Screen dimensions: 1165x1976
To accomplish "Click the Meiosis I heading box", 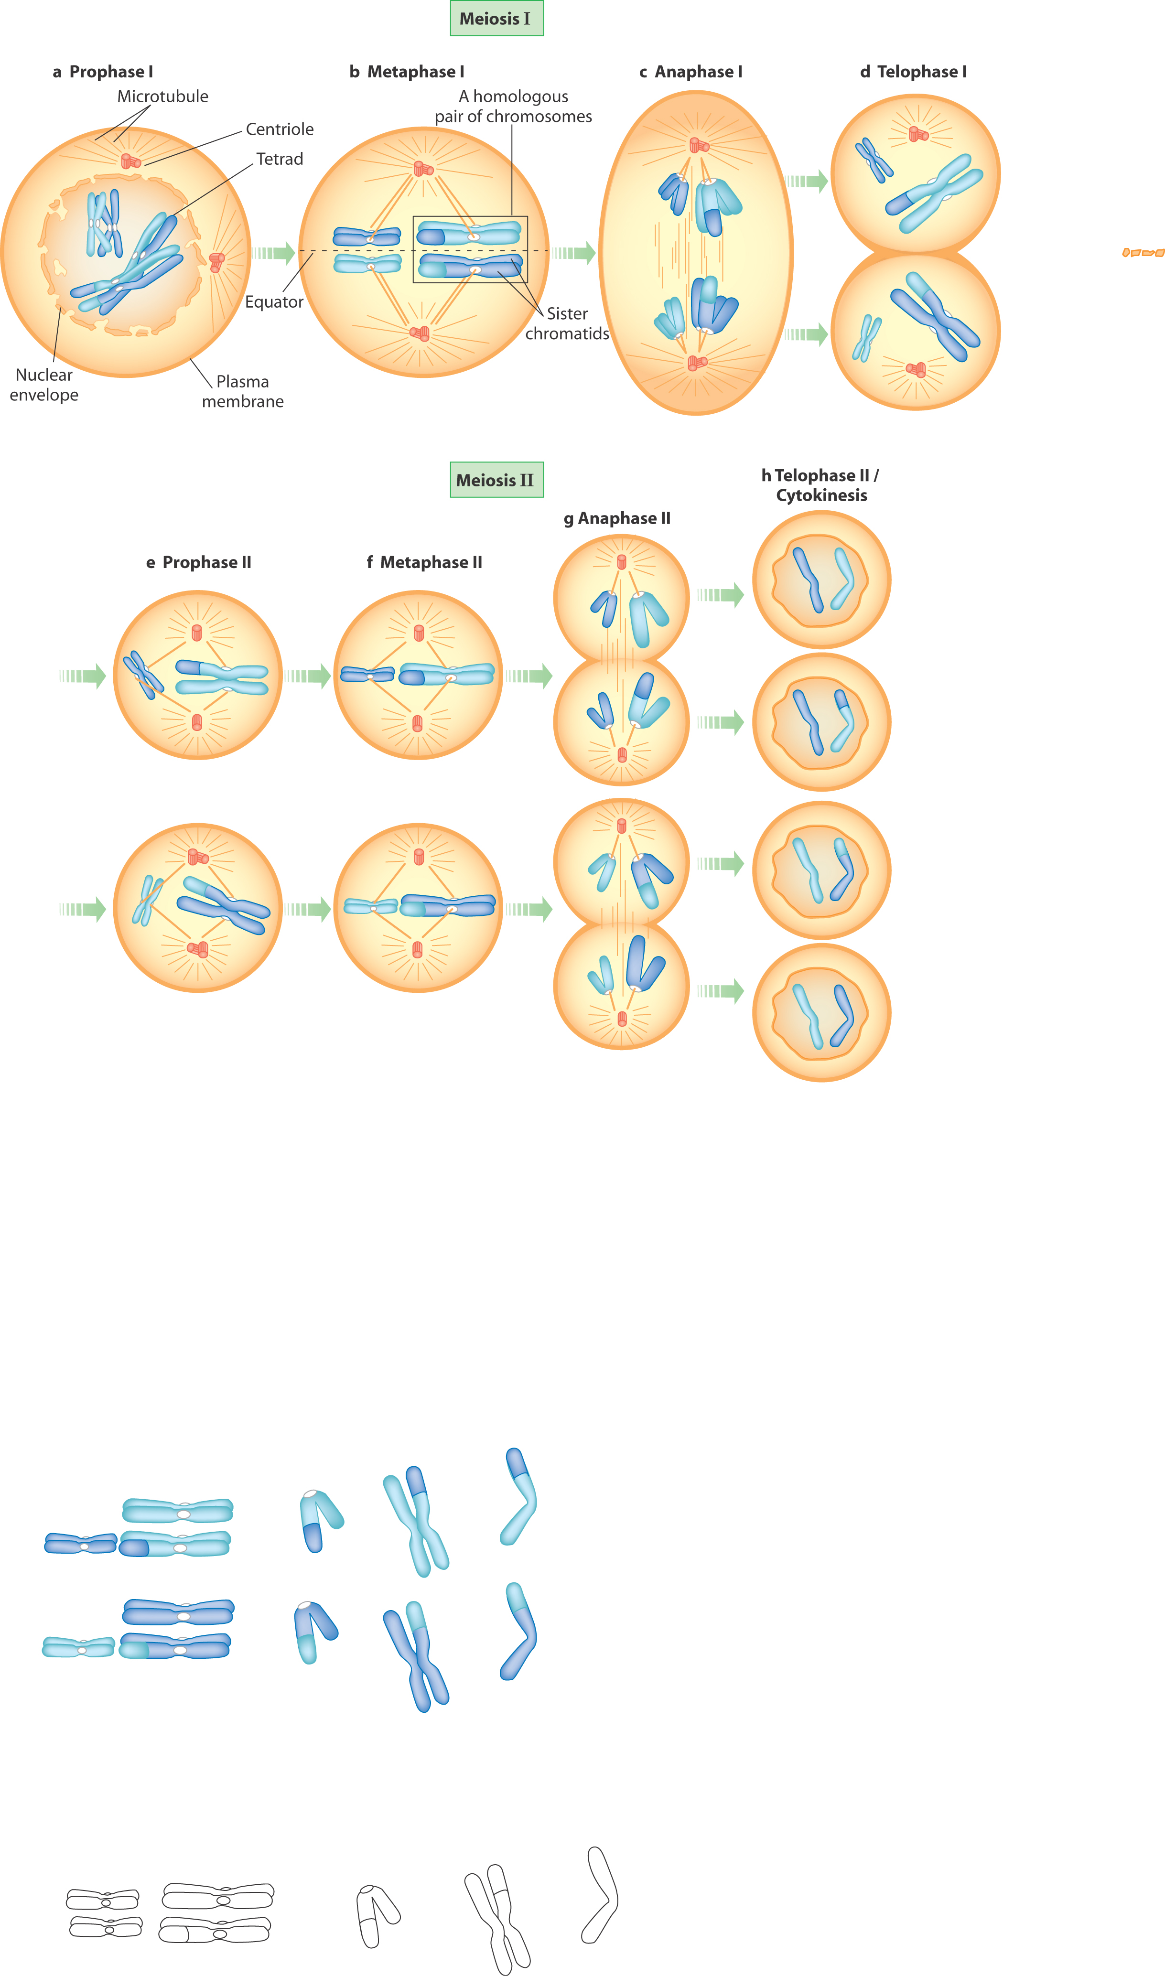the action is point(496,19).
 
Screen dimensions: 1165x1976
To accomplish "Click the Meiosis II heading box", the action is point(496,480).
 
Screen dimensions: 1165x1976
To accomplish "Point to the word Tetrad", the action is point(280,159).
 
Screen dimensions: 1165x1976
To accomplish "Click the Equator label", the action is point(274,302).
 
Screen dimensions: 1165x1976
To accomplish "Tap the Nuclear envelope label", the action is point(44,385).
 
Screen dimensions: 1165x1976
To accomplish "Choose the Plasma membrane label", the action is point(243,391).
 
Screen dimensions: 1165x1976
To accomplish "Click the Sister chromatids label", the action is point(567,323).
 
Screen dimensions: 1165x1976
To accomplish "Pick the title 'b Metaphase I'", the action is point(407,71).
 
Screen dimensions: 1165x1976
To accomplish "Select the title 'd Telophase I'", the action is point(913,71).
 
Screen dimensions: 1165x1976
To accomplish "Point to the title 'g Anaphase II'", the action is point(617,518).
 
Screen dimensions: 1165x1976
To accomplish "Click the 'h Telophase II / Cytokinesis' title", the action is point(820,485).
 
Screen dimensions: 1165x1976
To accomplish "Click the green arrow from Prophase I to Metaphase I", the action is point(274,253).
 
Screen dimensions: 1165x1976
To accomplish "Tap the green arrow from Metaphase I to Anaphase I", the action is point(574,253).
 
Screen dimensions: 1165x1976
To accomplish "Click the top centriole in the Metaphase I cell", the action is point(423,168).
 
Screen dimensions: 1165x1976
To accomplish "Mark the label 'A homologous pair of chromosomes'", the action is point(513,106).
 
